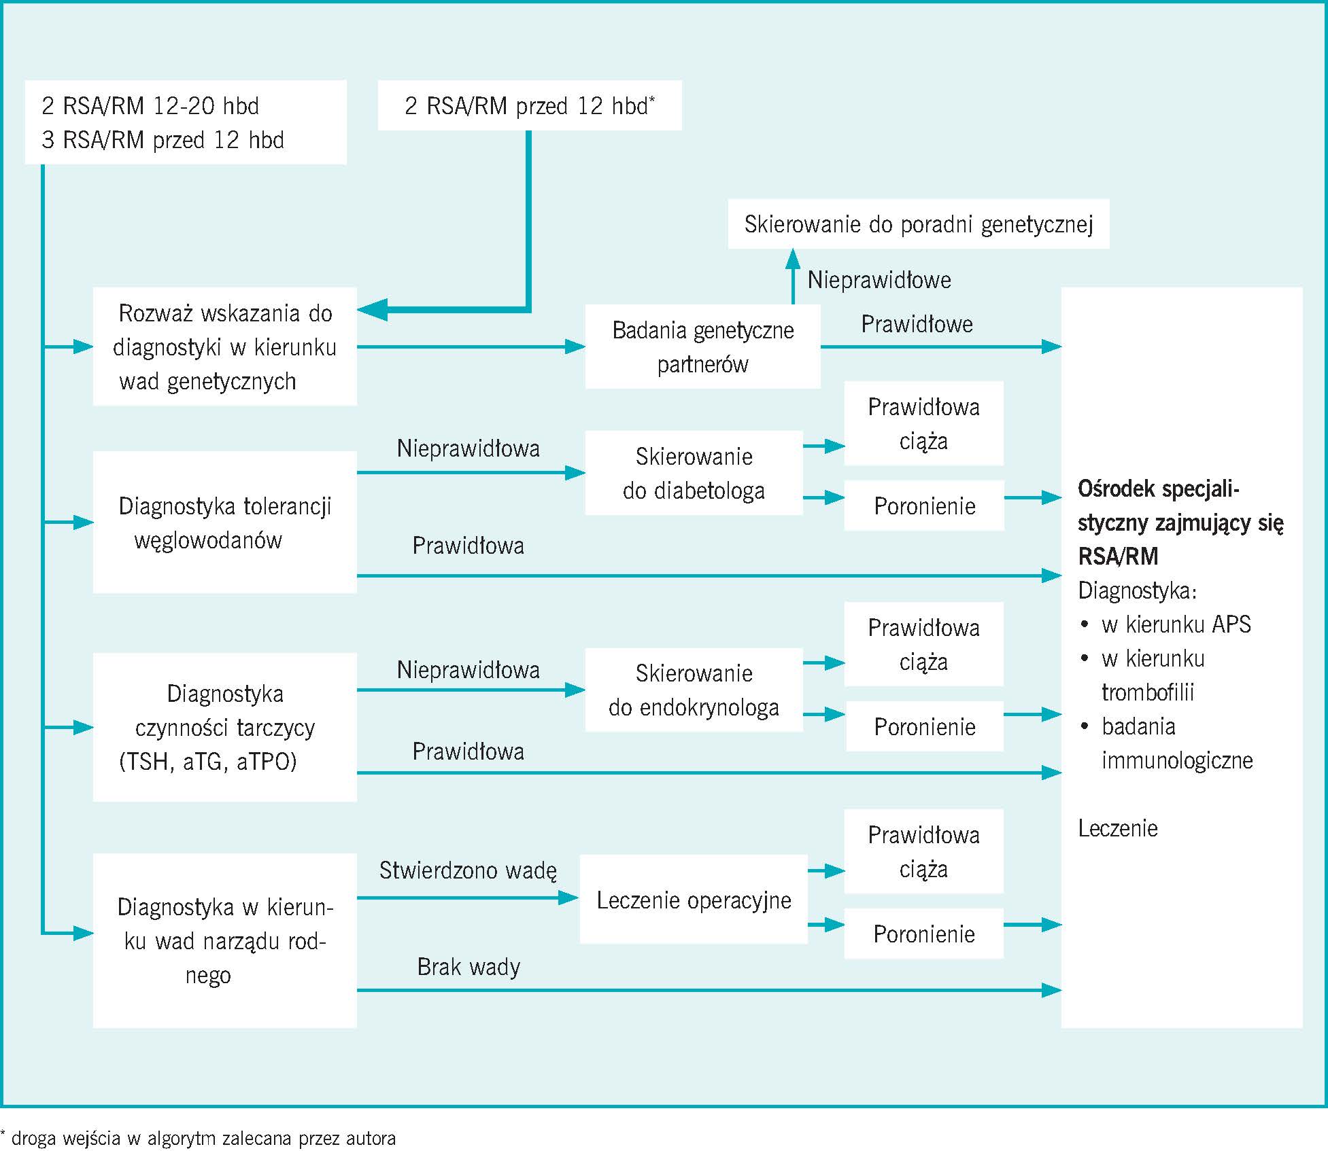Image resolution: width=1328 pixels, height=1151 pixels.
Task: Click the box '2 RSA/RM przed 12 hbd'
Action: coord(529,106)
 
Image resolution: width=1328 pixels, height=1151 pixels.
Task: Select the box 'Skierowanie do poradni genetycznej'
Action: coord(918,224)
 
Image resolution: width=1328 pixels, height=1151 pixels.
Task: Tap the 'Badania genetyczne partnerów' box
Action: coord(702,347)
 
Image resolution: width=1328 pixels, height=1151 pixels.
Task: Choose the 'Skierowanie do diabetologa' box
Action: coord(694,474)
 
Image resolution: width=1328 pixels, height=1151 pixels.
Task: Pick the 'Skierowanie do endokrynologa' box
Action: coord(694,690)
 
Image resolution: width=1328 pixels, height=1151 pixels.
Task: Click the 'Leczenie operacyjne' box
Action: coord(694,900)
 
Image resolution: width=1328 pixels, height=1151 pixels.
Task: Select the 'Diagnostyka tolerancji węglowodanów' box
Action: coord(224,523)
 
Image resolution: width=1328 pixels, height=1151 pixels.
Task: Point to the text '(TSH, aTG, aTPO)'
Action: coord(208,762)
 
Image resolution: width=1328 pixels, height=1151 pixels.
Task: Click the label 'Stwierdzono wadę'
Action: coord(468,870)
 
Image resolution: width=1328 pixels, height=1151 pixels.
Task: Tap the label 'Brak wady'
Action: coord(469,967)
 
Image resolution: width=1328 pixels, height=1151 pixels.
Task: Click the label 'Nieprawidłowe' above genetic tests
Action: coord(879,280)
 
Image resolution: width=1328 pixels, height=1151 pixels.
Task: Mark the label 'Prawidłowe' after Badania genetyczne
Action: coord(917,324)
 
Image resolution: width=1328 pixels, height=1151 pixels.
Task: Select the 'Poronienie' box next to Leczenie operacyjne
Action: coord(923,934)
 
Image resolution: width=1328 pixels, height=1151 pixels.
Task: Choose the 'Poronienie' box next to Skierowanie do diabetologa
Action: coord(924,506)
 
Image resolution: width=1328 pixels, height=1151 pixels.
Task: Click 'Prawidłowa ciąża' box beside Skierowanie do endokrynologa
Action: coord(923,645)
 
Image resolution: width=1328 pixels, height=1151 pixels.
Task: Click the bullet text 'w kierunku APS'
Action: coord(1176,624)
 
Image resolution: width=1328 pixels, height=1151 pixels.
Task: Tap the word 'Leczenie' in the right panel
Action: coord(1118,828)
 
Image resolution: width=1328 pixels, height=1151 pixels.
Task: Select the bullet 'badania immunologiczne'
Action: coord(1176,743)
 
